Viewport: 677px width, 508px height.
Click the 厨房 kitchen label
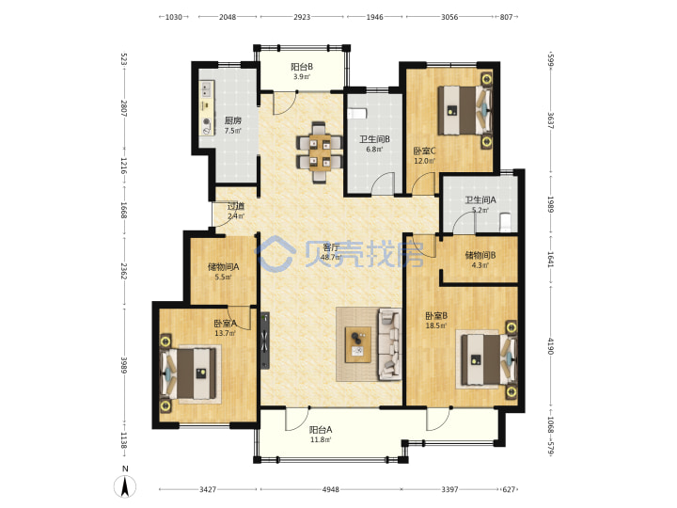[233, 120]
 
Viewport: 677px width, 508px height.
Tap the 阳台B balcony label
[302, 67]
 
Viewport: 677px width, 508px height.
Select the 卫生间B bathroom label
[374, 139]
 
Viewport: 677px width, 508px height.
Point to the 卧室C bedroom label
[424, 151]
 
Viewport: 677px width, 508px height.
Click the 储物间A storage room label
[223, 267]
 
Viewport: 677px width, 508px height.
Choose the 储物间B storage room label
[480, 255]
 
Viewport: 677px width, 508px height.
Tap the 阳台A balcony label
[321, 430]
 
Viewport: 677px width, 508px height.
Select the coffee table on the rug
[358, 344]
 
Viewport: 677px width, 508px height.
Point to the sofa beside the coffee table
[390, 344]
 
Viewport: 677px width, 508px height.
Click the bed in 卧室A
[190, 374]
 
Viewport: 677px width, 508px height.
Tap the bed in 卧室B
[488, 360]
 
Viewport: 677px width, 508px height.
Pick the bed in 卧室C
[464, 111]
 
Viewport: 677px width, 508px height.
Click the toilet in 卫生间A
[505, 222]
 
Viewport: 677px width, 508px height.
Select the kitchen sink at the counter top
[206, 89]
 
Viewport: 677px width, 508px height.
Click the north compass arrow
[125, 486]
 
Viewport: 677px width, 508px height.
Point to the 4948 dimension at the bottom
[330, 489]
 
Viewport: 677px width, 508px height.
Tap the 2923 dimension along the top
[302, 17]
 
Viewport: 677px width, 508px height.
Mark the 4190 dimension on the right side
[550, 346]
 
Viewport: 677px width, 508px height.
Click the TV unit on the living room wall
[264, 341]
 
